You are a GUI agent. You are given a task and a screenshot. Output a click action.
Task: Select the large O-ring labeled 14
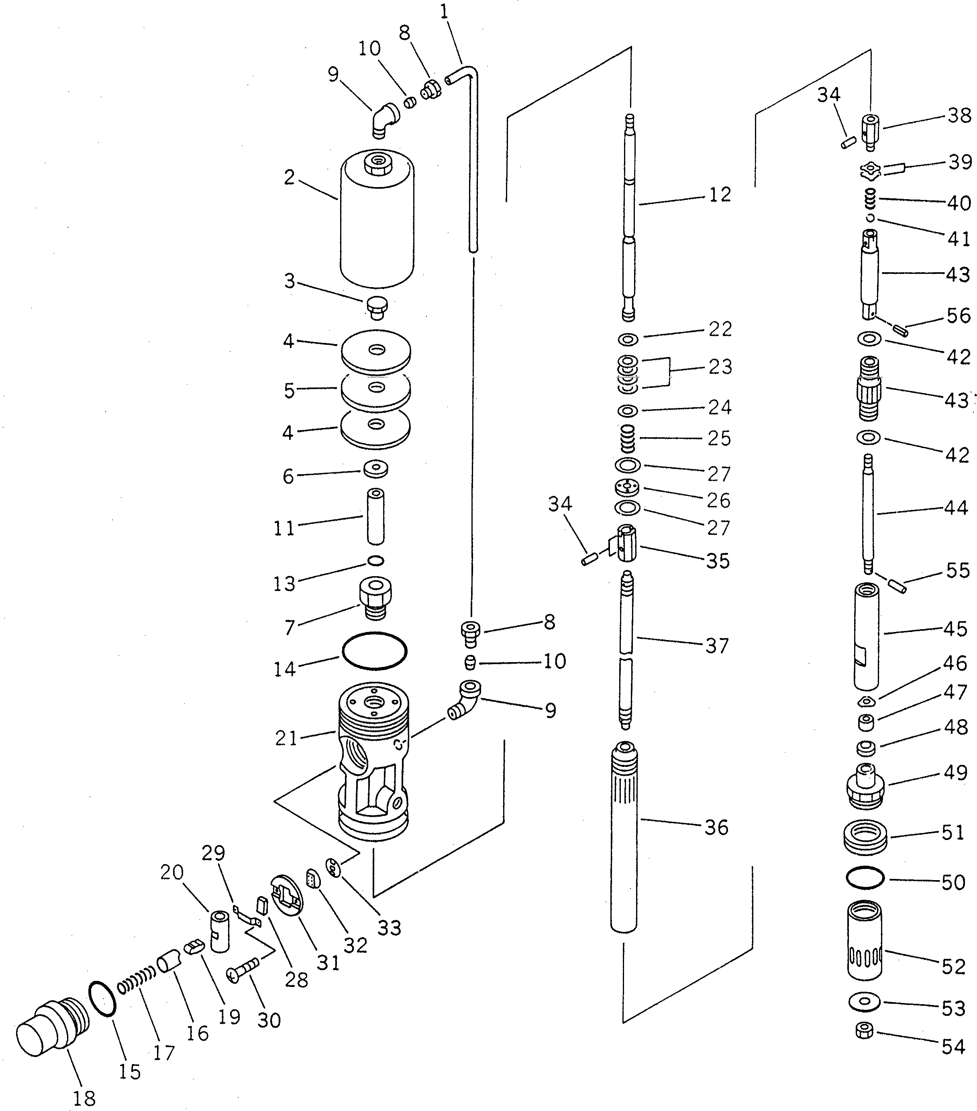coord(374,650)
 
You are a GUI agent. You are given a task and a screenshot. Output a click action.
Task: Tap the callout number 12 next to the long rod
coord(720,195)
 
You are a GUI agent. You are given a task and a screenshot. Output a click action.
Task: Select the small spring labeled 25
coord(628,438)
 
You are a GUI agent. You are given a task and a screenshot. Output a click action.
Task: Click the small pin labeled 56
coord(901,329)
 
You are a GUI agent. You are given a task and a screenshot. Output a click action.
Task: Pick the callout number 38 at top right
coord(959,115)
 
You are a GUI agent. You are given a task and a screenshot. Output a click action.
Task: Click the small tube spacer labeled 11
coord(375,516)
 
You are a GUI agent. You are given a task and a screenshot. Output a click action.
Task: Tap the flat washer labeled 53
coord(865,1001)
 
